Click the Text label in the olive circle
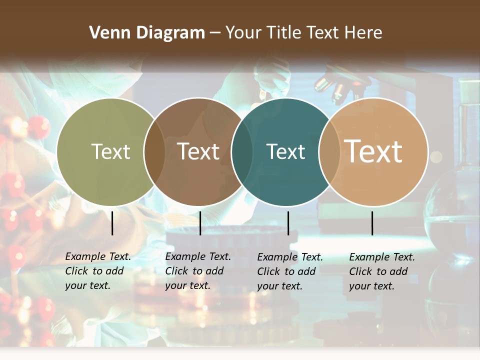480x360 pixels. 110,151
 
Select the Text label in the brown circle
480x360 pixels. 198,151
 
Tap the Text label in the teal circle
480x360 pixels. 285,151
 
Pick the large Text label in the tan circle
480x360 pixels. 373,151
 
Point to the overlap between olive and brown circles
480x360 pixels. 154,152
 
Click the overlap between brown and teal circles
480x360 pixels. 242,152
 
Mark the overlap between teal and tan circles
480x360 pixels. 329,152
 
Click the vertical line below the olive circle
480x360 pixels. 112,223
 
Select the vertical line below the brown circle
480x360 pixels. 200,223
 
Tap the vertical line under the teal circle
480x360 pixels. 288,223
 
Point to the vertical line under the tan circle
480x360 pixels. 372,223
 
